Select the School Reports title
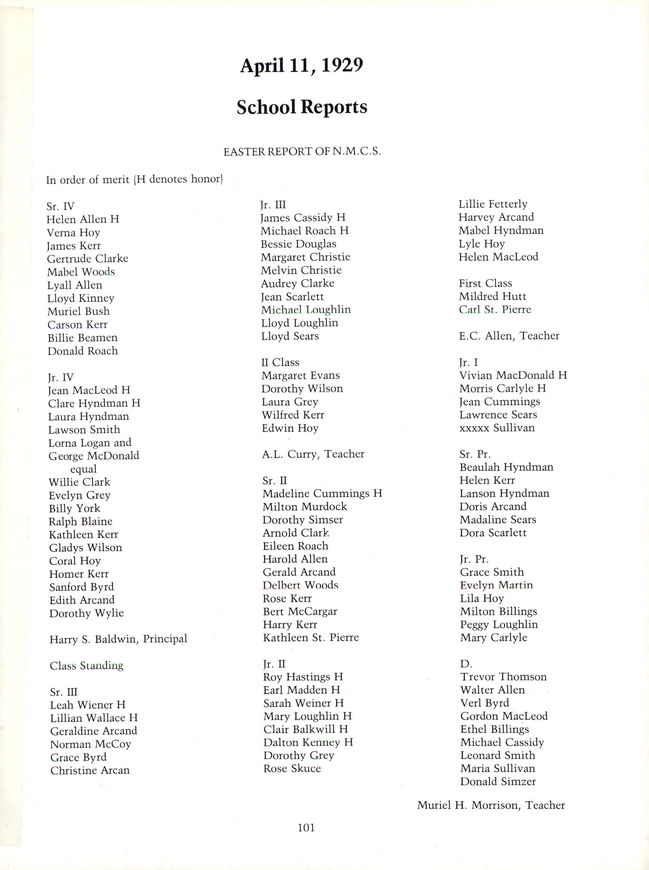click(302, 107)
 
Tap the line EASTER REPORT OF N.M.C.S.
click(302, 152)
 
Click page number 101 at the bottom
click(306, 828)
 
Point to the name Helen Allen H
click(83, 219)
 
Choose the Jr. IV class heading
click(60, 378)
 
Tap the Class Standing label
click(86, 666)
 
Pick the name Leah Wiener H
click(88, 705)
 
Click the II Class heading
click(280, 362)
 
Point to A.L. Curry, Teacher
click(313, 454)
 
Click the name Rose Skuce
click(292, 769)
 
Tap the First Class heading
click(485, 283)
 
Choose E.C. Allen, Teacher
click(509, 336)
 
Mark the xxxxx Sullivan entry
click(497, 428)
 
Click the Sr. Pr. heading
click(475, 454)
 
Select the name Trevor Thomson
click(503, 677)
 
